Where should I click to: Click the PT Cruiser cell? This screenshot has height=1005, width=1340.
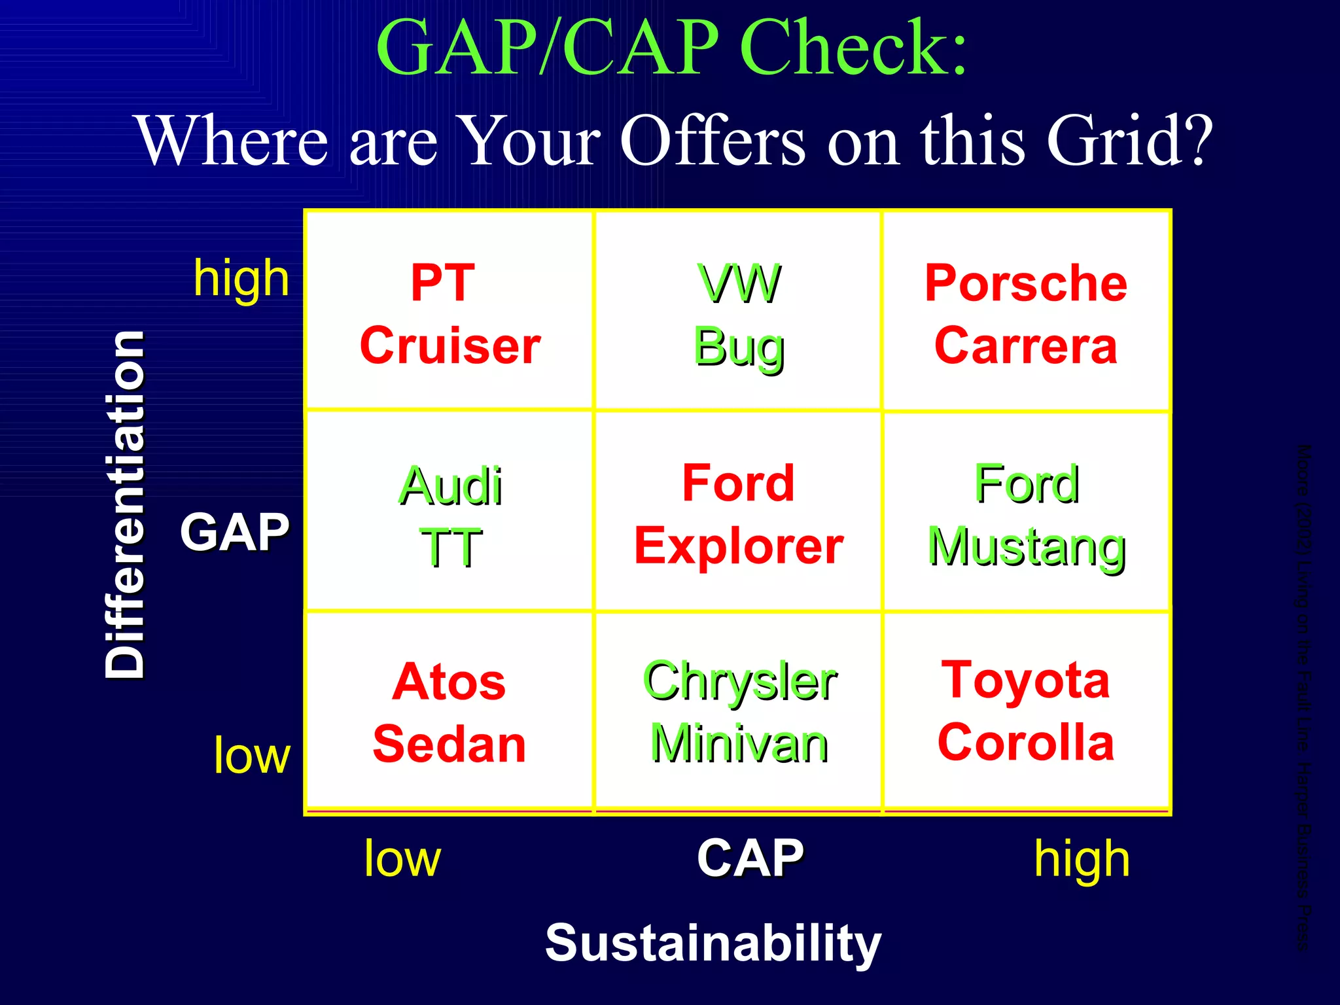pos(450,313)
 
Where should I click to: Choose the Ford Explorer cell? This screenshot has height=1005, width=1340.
pos(739,514)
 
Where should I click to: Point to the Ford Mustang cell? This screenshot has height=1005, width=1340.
pos(1027,514)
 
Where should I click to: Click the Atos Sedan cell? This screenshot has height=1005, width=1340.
pos(450,713)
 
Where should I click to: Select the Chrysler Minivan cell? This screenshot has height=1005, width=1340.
pos(739,713)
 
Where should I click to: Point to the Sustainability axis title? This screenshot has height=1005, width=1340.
pos(713,943)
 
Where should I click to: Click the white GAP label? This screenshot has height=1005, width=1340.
pos(234,531)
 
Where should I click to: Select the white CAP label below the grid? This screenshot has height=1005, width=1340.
pos(750,858)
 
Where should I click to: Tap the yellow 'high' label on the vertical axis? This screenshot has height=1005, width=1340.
pos(241,279)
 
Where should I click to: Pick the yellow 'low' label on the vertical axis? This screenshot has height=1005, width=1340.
pos(252,755)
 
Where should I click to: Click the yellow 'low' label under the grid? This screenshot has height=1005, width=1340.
pos(402,858)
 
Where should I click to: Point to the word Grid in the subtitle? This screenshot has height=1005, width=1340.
pos(1129,140)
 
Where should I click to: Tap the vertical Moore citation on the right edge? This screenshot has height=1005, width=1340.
pos(1304,697)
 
